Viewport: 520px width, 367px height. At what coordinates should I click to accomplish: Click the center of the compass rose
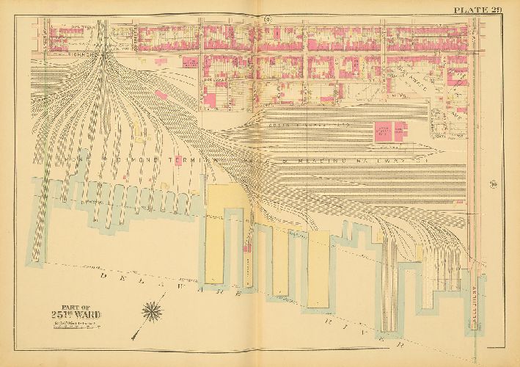pos(154,311)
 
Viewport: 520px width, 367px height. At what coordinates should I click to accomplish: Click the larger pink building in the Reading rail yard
pos(384,133)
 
